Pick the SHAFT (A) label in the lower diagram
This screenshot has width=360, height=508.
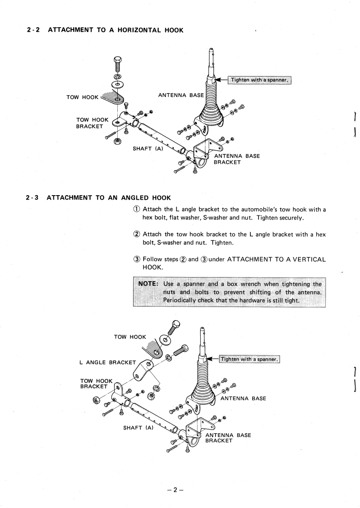[x=139, y=427]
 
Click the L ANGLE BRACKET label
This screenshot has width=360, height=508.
[x=107, y=362]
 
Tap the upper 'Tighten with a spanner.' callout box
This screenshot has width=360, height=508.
[x=259, y=80]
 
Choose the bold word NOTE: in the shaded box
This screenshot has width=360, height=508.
[x=148, y=284]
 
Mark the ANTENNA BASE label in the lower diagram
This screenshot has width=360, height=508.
[x=243, y=398]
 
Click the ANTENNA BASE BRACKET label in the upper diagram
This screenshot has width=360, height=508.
[x=237, y=160]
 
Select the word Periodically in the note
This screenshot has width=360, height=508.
[x=182, y=301]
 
